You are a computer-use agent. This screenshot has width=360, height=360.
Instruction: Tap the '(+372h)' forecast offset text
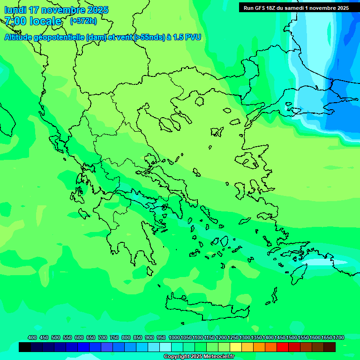[82, 21]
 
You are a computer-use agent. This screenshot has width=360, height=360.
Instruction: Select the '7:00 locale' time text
[33, 21]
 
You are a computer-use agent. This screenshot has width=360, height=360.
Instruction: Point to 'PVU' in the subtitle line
[193, 37]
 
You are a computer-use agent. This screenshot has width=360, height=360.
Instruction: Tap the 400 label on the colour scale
[32, 338]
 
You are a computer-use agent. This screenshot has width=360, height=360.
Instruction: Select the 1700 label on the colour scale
[338, 338]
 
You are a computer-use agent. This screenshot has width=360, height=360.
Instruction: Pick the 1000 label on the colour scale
[174, 338]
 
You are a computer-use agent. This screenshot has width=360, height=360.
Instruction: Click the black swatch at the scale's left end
[25, 347]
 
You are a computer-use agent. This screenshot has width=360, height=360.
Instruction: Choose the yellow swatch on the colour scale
[236, 347]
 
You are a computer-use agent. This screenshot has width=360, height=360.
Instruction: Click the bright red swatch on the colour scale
[283, 347]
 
